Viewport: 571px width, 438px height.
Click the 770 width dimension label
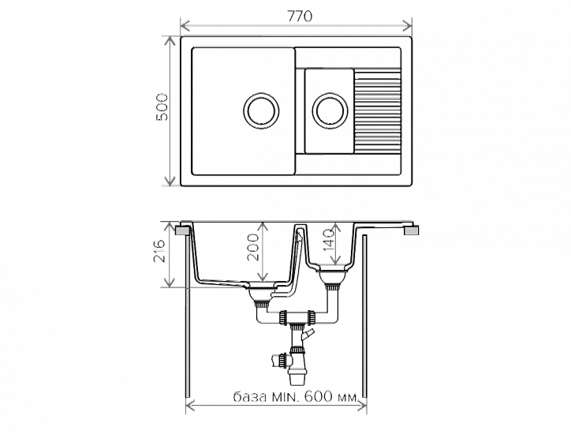(300, 17)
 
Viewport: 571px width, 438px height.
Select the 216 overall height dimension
(160, 251)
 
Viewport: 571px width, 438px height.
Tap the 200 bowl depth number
(253, 248)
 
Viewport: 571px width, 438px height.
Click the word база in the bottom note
(250, 396)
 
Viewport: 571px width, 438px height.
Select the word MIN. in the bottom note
(285, 396)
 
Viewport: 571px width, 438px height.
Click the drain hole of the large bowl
(261, 110)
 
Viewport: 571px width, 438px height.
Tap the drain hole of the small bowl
(330, 110)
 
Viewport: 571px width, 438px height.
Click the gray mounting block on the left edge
(183, 230)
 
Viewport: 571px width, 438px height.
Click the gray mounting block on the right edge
(412, 230)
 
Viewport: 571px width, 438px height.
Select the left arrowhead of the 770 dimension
(185, 26)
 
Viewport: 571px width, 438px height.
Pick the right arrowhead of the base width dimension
(362, 405)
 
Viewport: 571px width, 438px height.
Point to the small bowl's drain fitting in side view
(331, 279)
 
